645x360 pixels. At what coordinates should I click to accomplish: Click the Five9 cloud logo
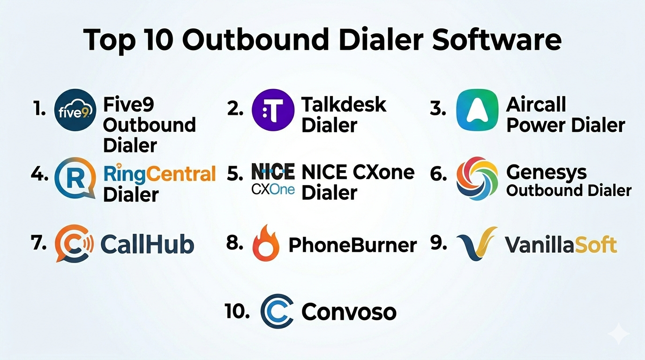75,110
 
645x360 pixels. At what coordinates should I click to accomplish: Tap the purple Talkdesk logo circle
273,110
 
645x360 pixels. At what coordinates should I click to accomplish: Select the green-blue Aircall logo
477,110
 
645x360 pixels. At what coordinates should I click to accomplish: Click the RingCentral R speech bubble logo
75,178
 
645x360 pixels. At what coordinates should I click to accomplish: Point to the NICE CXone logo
273,179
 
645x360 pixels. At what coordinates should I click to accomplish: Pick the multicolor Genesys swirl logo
477,178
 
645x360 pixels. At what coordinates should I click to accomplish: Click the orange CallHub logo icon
74,243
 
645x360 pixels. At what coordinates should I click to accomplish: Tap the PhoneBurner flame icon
265,243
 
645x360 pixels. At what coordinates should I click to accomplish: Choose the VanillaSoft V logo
477,244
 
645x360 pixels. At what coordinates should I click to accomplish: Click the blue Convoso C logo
277,311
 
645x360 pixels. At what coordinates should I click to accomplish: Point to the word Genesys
546,173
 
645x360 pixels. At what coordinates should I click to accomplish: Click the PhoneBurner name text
352,245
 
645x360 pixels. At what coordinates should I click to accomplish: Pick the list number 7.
39,242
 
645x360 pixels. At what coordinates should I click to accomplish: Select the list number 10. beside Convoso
237,311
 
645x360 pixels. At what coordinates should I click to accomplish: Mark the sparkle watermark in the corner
619,333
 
